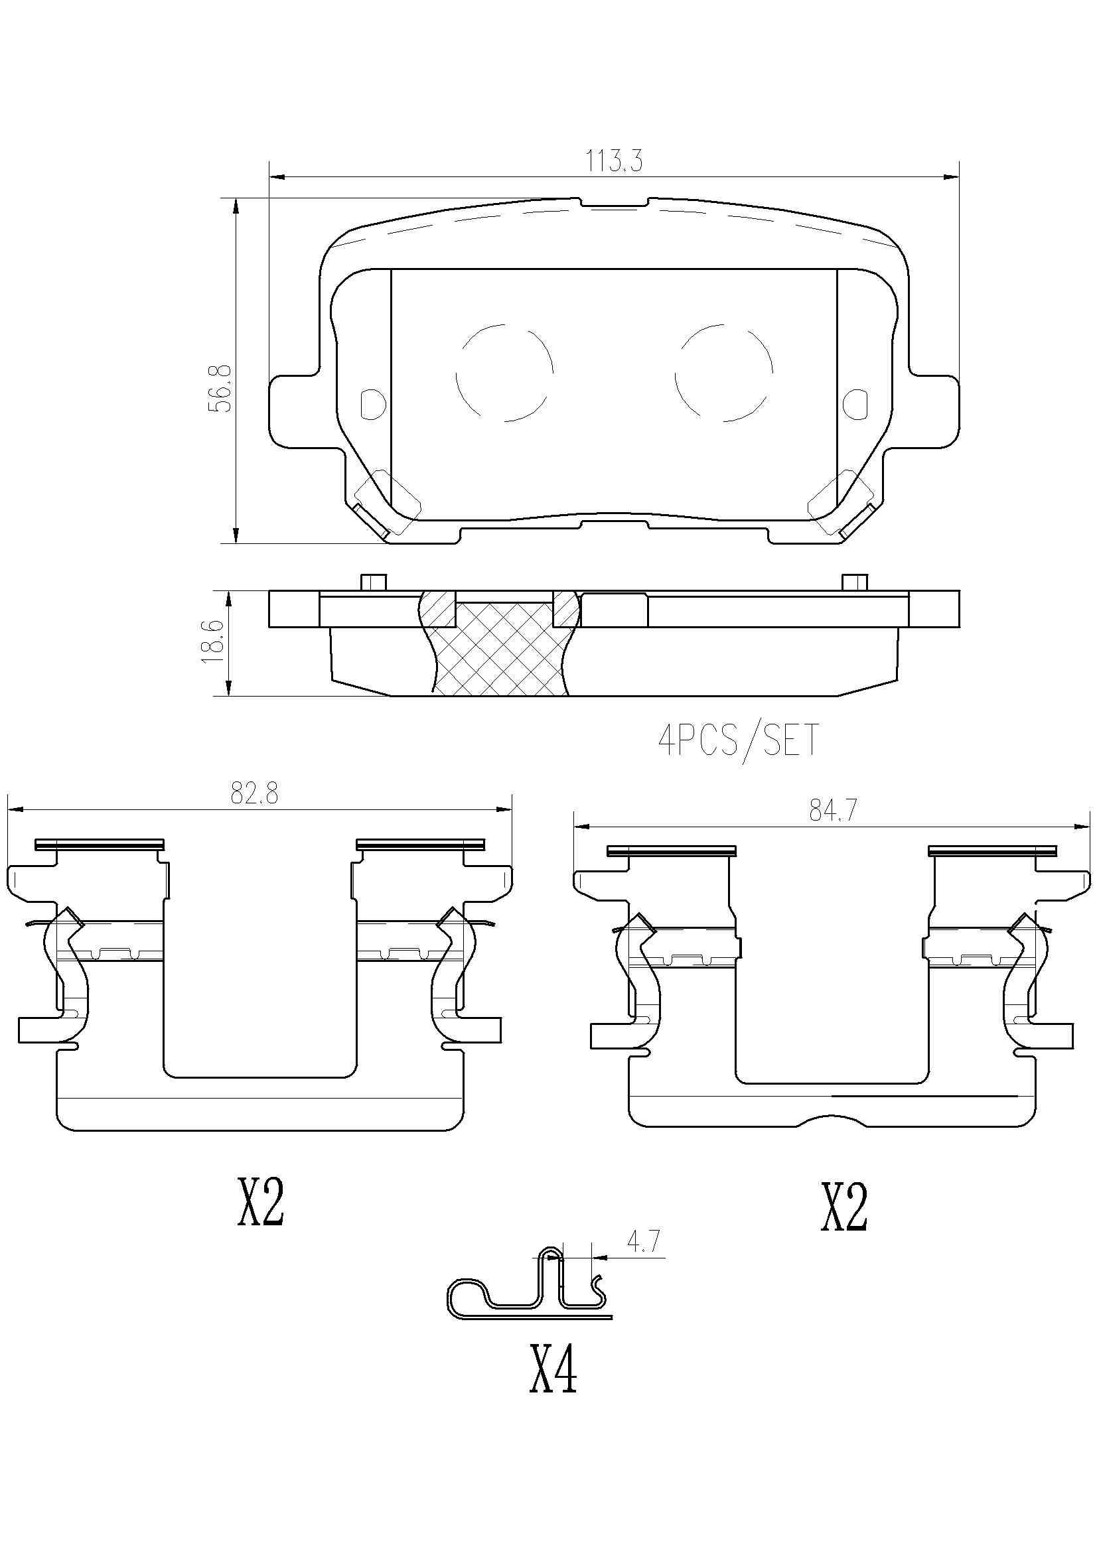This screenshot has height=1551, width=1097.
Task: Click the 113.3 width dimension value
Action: (x=613, y=161)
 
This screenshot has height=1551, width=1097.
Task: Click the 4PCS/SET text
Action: (x=739, y=741)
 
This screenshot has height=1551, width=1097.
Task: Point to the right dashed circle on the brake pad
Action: (x=724, y=373)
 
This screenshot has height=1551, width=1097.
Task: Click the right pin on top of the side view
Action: (x=855, y=582)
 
